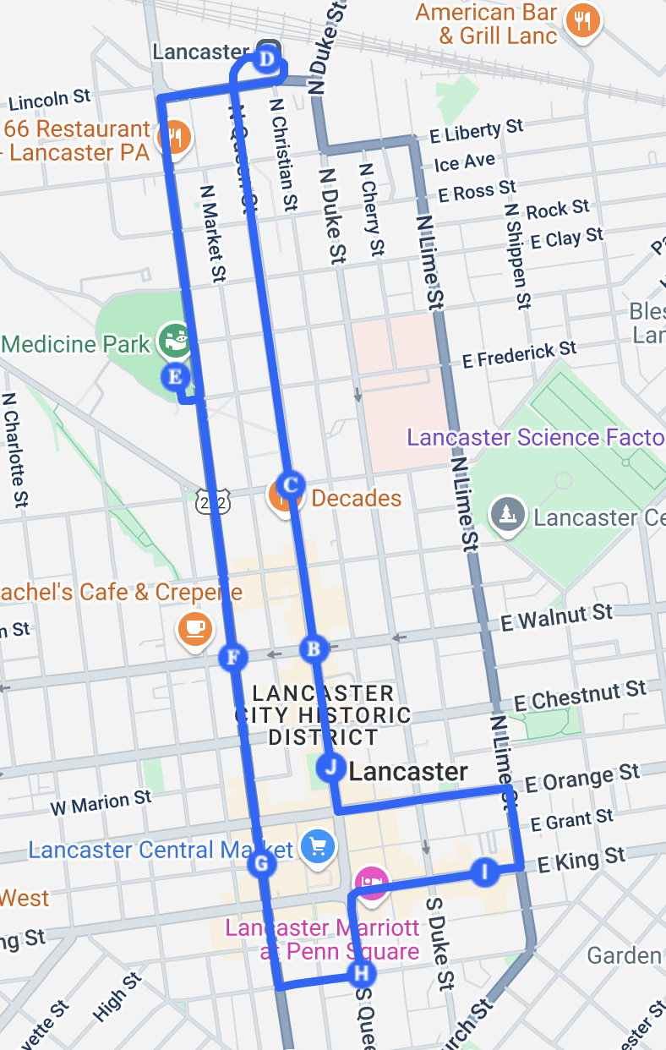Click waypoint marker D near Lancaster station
coord(266,60)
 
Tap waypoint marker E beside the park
coord(176,376)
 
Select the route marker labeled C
coord(290,485)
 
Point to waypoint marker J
coord(330,768)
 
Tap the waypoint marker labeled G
coord(260,864)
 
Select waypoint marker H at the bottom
coord(361,974)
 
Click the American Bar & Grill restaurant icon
coord(582,20)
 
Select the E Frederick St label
coord(519,353)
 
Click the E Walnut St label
coord(556,617)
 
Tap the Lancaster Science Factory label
coord(536,437)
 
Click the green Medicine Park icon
coord(175,341)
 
